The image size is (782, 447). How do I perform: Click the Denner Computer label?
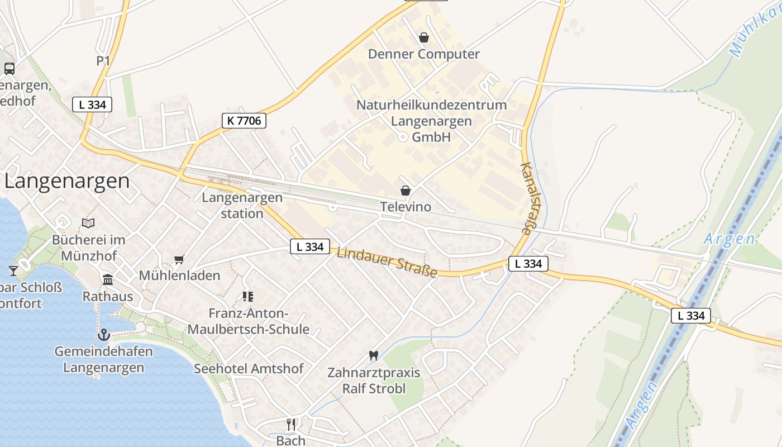click(x=423, y=54)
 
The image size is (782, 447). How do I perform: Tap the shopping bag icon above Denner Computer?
click(x=424, y=37)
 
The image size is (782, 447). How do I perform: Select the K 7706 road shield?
click(x=244, y=120)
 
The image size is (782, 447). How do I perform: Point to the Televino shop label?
click(x=406, y=207)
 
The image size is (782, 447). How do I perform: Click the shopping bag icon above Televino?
click(x=406, y=191)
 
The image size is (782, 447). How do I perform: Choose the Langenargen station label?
click(x=242, y=205)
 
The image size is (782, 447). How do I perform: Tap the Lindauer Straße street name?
click(x=387, y=262)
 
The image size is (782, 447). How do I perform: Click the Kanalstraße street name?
click(x=526, y=198)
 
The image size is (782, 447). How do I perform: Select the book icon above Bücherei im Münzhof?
click(x=88, y=223)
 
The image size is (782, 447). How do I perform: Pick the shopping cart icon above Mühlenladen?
click(x=179, y=259)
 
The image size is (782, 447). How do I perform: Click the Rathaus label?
click(x=108, y=296)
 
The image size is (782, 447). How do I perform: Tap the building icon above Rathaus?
click(x=108, y=279)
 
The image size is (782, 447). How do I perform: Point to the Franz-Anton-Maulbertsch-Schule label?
click(x=248, y=321)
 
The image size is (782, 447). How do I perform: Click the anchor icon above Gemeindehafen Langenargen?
click(x=103, y=335)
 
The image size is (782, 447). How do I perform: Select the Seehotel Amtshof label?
click(x=249, y=369)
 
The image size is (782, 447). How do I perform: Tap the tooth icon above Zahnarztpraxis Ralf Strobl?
click(x=374, y=355)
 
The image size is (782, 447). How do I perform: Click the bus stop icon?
click(x=9, y=69)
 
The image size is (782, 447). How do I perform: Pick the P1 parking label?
click(x=103, y=61)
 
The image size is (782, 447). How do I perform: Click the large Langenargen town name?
click(x=67, y=181)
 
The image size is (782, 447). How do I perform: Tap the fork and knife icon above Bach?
click(x=290, y=424)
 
